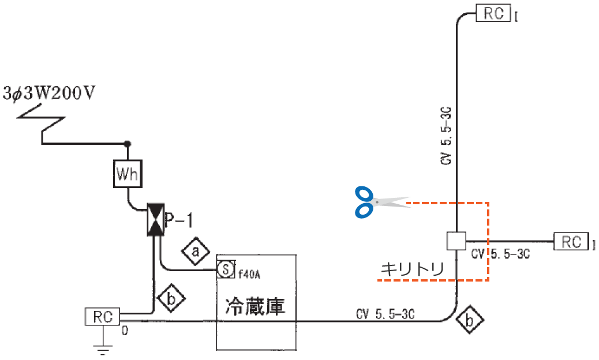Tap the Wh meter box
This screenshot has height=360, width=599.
point(127,174)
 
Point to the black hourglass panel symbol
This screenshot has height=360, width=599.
point(155,219)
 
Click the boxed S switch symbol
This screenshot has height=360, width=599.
point(226,269)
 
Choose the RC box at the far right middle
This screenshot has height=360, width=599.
point(571,241)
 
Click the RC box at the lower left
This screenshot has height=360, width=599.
point(102,316)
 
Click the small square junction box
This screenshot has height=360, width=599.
point(456,241)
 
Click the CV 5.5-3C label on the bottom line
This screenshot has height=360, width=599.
point(385,314)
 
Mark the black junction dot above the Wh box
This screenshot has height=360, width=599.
point(128,144)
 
